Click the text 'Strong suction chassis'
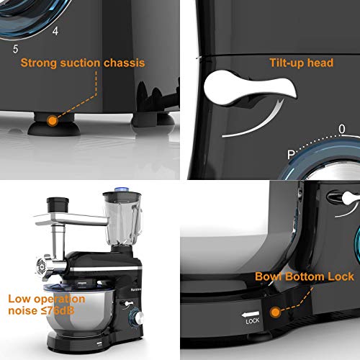click(x=82, y=63)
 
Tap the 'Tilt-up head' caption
click(x=300, y=63)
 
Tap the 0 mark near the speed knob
click(x=341, y=130)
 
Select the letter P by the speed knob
click(x=291, y=153)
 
